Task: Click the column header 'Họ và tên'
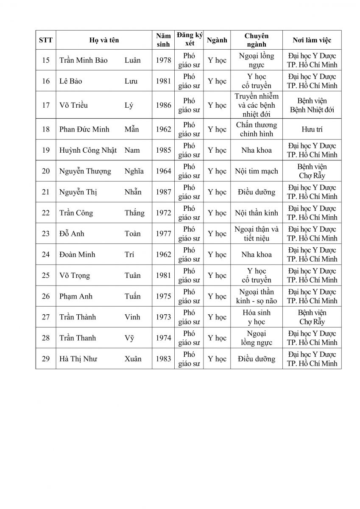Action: [104, 40]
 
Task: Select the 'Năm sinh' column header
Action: [163, 40]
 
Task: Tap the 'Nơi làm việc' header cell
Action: [312, 40]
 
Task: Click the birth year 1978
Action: [163, 60]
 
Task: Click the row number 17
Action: [46, 105]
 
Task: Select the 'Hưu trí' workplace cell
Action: [312, 129]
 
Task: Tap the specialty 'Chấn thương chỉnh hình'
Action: [257, 129]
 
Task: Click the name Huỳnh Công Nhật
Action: [88, 150]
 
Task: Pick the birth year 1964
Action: [163, 171]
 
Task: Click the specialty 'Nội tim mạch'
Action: [257, 171]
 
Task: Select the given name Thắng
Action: [134, 213]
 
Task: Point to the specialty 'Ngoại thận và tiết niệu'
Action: [257, 234]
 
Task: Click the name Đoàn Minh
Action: [77, 255]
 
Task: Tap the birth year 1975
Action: [163, 296]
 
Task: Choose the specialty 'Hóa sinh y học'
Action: [257, 317]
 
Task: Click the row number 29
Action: [46, 359]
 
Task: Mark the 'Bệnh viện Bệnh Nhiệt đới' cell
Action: [312, 105]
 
